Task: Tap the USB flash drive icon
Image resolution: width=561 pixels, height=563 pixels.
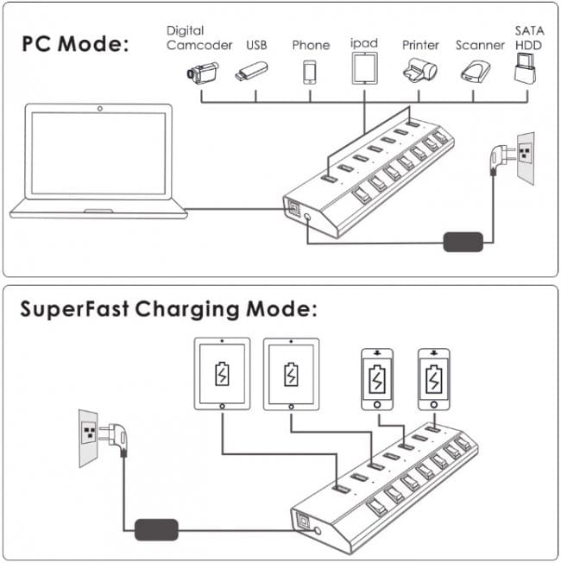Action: (x=251, y=72)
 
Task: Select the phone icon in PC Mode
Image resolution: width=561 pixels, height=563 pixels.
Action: (x=310, y=72)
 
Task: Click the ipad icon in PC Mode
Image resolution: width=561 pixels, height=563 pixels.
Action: (x=364, y=68)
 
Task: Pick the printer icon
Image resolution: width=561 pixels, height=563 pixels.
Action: (x=419, y=71)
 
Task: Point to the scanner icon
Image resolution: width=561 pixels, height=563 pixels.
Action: (x=476, y=71)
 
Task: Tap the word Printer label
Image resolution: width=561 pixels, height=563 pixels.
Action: (x=420, y=45)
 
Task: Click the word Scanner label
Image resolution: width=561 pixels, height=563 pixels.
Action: (x=480, y=45)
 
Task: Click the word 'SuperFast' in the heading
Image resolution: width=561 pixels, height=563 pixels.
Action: (x=72, y=309)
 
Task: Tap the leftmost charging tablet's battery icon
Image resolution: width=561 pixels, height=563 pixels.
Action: (x=223, y=376)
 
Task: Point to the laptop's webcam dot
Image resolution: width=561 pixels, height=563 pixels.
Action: (x=100, y=109)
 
